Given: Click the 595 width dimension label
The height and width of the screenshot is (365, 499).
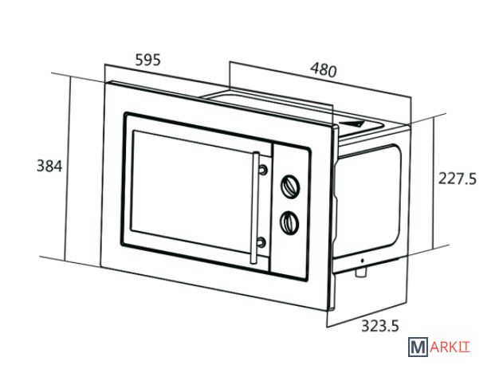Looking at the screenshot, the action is click(x=148, y=60).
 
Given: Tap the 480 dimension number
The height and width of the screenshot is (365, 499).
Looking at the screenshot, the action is click(x=324, y=69).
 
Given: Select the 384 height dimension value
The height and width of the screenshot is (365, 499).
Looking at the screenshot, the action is click(x=49, y=166).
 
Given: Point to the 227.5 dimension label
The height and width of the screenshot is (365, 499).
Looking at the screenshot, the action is click(x=458, y=179).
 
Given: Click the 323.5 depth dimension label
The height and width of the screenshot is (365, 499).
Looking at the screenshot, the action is click(x=380, y=326).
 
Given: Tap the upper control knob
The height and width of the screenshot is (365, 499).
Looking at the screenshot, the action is click(x=290, y=186).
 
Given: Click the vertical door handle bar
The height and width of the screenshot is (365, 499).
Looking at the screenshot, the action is click(x=254, y=207).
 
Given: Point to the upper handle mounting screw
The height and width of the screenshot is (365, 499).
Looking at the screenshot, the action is click(x=263, y=170).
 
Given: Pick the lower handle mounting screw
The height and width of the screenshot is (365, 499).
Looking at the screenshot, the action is click(x=261, y=242).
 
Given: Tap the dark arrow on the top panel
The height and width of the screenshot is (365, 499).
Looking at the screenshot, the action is click(x=352, y=124).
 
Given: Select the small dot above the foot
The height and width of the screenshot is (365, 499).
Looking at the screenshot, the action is click(x=362, y=261).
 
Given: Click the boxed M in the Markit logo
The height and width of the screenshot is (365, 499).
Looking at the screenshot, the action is click(x=418, y=347).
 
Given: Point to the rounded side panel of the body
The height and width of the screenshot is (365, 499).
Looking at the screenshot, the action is click(x=368, y=201).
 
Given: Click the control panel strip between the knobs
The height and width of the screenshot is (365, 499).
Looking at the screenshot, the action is click(x=290, y=204).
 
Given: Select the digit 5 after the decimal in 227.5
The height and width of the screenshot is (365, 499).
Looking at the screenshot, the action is click(x=472, y=179).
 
